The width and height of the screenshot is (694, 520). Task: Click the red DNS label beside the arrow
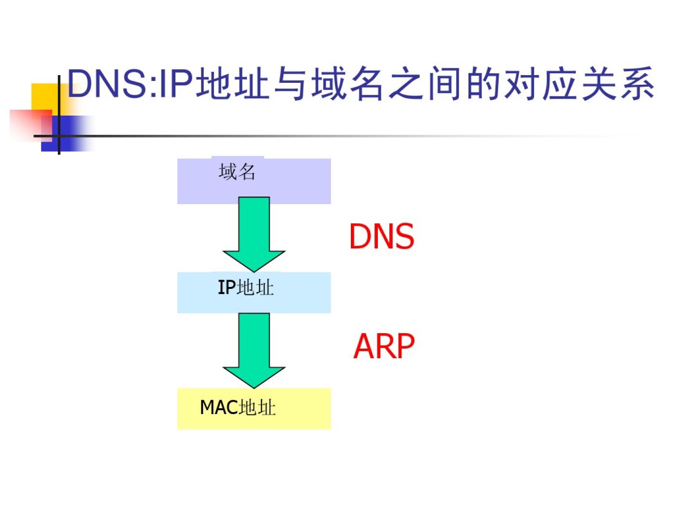click(381, 236)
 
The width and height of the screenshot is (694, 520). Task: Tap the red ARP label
click(384, 346)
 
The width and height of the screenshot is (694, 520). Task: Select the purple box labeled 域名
click(254, 181)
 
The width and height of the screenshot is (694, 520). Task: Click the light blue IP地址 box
click(254, 292)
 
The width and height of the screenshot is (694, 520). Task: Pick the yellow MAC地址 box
click(254, 408)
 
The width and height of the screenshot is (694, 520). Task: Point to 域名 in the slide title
click(347, 84)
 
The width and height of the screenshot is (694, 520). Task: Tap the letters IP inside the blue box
click(227, 288)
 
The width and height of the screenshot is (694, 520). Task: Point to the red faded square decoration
click(29, 124)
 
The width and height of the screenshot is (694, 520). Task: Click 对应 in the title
click(540, 84)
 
